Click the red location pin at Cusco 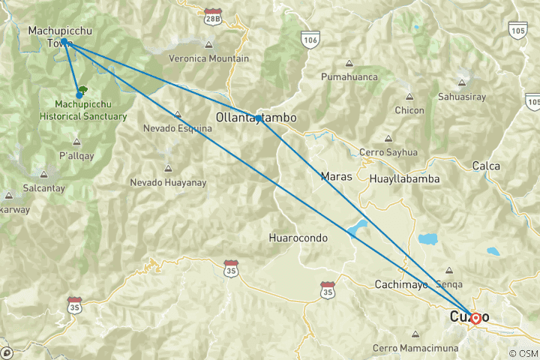point(475,317)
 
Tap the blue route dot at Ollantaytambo point(258,118)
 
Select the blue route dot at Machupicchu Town point(64,41)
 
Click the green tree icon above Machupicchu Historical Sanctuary point(82,89)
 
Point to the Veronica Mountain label point(209,58)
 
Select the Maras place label point(334,177)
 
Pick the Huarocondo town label point(298,238)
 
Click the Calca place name point(485,165)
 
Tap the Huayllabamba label point(405,179)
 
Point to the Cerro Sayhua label point(388,152)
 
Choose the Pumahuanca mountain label point(346,76)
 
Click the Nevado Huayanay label point(166,182)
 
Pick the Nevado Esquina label point(177,128)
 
